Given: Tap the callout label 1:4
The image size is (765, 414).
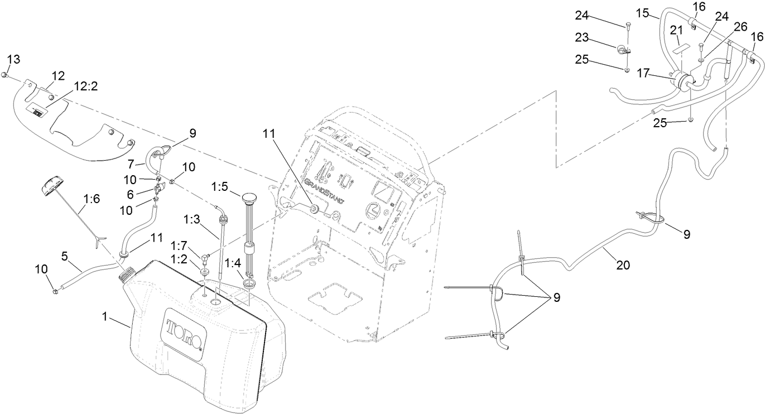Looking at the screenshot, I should (231, 262).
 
